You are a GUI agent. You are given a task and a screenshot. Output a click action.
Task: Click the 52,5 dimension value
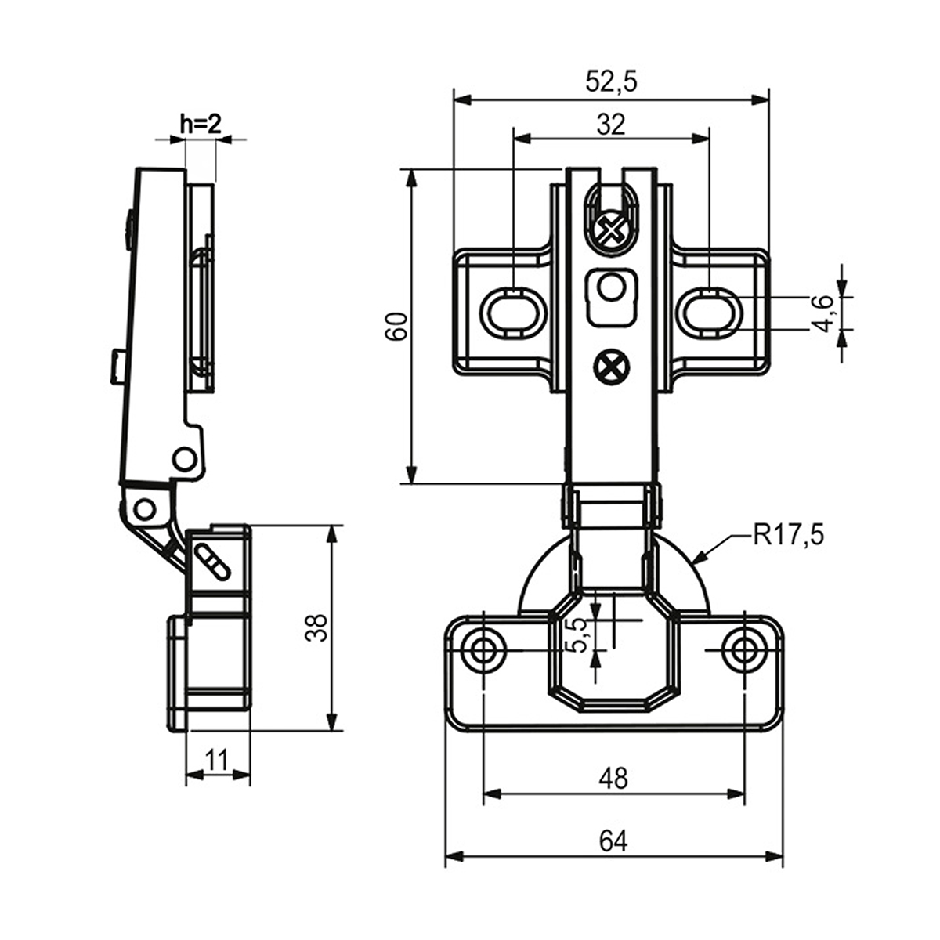click(x=612, y=82)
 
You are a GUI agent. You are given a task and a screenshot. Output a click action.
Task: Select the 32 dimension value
click(x=611, y=124)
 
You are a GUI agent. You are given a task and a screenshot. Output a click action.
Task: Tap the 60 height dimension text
click(x=397, y=325)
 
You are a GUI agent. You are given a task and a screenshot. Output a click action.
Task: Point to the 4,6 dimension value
click(x=823, y=314)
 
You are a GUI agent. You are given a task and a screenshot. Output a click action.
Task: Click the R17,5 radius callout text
click(x=789, y=535)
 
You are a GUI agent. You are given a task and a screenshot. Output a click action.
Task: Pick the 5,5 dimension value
click(x=580, y=634)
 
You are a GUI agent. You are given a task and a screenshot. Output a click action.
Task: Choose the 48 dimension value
click(x=613, y=778)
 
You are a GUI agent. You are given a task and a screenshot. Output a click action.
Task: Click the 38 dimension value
click(x=316, y=627)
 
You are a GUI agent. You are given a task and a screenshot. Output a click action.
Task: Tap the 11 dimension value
click(x=217, y=759)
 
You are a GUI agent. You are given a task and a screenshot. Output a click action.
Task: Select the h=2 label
click(x=201, y=123)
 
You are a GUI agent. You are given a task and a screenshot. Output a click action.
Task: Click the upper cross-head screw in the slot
click(x=610, y=230)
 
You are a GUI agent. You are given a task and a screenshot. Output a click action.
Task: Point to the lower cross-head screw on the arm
click(x=610, y=366)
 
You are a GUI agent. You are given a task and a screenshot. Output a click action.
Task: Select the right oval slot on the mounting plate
click(x=711, y=313)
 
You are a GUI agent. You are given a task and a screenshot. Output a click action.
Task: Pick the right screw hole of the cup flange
click(x=743, y=649)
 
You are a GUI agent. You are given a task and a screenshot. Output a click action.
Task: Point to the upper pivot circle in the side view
click(x=184, y=458)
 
